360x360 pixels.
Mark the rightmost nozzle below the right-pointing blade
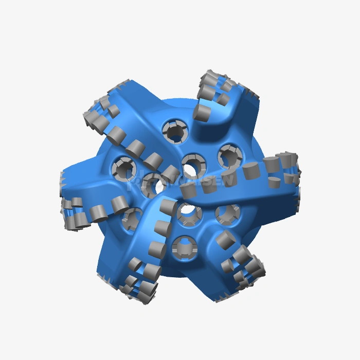click(227, 212)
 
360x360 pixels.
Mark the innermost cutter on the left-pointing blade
click(119, 204)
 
